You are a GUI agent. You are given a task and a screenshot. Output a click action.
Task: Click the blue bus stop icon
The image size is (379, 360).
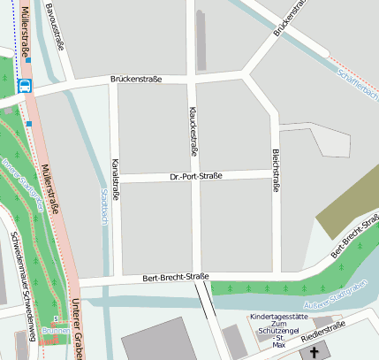25,86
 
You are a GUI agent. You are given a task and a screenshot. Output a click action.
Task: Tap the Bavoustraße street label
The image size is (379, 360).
58,27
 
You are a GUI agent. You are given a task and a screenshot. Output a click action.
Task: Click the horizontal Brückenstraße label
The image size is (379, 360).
136,80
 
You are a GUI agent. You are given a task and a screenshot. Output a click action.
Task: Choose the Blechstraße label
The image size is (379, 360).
276,171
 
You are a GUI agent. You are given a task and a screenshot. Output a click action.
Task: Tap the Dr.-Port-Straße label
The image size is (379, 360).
195,176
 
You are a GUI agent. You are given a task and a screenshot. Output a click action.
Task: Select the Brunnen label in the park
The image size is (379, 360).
55,330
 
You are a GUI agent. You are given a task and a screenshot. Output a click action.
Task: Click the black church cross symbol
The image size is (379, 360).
315,352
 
